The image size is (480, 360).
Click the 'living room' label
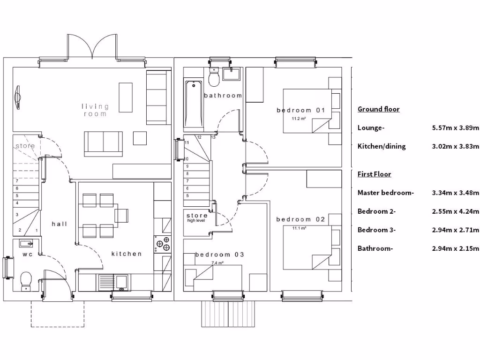[95, 110]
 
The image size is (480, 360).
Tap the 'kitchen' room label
[127, 254]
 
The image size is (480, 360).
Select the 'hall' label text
[60, 224]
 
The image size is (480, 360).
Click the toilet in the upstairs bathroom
[214, 77]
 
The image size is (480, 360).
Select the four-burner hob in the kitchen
[163, 244]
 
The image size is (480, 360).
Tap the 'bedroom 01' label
[300, 110]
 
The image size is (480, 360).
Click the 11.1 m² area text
[299, 228]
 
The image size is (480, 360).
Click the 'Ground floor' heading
[378, 109]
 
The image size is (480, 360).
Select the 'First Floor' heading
[374, 174]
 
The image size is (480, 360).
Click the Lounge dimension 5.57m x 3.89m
[455, 127]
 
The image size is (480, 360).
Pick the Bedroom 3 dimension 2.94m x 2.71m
[455, 230]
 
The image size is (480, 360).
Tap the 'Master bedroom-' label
[385, 193]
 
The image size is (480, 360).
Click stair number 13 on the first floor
[213, 137]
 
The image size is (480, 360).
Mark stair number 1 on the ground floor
[37, 230]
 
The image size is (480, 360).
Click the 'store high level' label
[196, 217]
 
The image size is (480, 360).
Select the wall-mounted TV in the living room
[18, 97]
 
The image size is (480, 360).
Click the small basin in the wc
[26, 243]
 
